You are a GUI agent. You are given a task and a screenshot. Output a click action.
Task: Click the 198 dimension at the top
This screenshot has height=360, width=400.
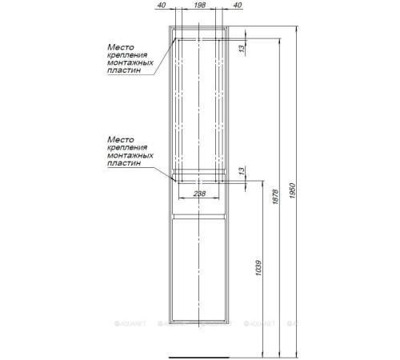point(200,5)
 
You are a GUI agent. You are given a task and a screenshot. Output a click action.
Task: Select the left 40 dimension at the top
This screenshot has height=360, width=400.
point(162,5)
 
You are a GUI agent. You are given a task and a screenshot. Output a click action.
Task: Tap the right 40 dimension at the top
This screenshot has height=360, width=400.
point(238,5)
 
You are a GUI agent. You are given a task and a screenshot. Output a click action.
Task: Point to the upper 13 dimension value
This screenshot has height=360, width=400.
point(242,49)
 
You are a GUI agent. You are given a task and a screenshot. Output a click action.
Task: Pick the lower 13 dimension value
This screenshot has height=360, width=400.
point(242,171)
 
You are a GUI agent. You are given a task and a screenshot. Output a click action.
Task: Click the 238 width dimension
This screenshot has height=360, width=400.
point(199,194)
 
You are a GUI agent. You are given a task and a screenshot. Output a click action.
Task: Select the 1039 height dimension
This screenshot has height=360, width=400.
point(258,268)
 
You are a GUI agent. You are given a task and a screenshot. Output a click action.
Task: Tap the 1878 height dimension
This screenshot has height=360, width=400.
point(275,197)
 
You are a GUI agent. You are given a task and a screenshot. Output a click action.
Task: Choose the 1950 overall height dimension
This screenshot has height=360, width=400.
point(293,190)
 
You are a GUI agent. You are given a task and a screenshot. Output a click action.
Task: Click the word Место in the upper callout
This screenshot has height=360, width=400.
point(121,47)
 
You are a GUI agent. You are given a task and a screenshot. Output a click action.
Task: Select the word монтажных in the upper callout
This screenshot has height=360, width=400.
point(130,62)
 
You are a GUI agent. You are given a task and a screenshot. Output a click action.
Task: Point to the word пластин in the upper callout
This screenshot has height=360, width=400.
point(124,70)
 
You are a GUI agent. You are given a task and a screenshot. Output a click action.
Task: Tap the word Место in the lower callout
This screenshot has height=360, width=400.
point(121,139)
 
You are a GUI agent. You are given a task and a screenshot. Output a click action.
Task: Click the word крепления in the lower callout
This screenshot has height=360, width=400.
point(127,147)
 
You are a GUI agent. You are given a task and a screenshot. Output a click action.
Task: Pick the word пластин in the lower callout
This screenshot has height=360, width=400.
point(124,162)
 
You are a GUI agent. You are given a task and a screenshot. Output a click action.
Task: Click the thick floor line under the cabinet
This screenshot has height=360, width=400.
point(199,358)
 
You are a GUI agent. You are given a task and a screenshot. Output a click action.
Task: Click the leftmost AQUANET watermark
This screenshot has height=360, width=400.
point(130,324)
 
